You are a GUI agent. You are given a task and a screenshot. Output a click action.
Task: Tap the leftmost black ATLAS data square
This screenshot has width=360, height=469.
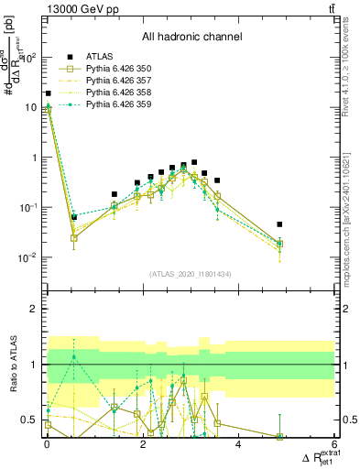click(x=48, y=93)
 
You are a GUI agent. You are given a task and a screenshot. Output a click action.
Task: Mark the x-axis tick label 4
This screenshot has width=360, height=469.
click(x=238, y=445)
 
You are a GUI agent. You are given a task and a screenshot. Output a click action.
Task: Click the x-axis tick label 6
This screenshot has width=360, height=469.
click(x=333, y=445)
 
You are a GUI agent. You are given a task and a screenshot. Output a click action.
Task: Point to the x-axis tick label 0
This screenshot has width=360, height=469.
click(x=48, y=445)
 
